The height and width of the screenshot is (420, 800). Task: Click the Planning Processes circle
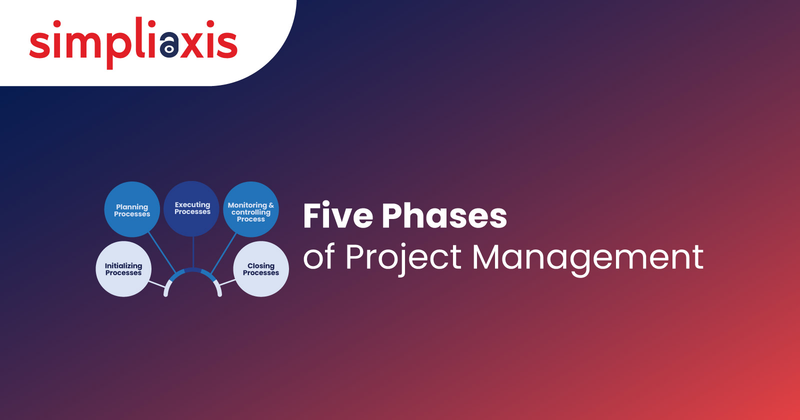point(132,209)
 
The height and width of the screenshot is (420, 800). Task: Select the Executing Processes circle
point(191,208)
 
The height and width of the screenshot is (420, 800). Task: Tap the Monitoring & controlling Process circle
point(251,209)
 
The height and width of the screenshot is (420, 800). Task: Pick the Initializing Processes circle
point(123,269)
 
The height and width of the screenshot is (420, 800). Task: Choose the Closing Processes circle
point(261,269)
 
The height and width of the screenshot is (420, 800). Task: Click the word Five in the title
point(338,215)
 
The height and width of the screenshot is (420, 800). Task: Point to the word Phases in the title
point(444,216)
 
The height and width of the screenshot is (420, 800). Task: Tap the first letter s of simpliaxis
point(39,44)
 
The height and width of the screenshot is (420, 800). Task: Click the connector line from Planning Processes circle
point(162,252)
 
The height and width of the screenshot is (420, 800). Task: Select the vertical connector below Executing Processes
point(193,252)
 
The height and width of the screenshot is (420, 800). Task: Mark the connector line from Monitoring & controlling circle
point(223,253)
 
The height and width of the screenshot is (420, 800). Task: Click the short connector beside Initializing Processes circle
point(157,284)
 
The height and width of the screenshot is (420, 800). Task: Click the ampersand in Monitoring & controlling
point(271,205)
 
